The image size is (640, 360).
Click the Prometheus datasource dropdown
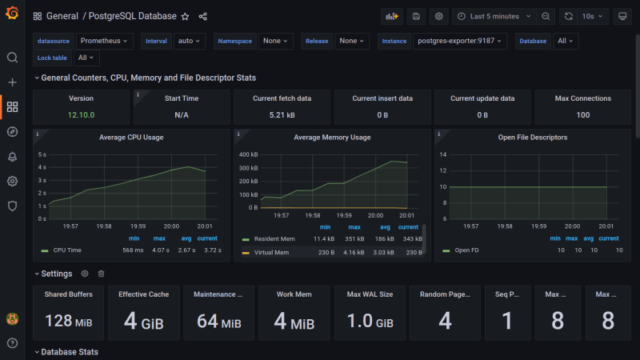click(x=105, y=41)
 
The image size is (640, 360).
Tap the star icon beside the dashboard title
click(x=185, y=16)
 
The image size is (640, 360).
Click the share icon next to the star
click(x=202, y=16)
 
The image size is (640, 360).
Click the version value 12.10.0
click(x=81, y=115)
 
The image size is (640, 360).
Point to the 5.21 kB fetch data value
click(x=282, y=115)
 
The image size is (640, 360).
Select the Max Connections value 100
click(x=582, y=115)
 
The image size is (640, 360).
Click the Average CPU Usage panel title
click(x=131, y=138)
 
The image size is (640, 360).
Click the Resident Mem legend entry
click(x=274, y=239)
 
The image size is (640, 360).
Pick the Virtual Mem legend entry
click(x=272, y=253)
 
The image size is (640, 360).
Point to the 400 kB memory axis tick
click(x=248, y=154)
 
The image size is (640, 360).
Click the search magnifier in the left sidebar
click(x=12, y=58)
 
